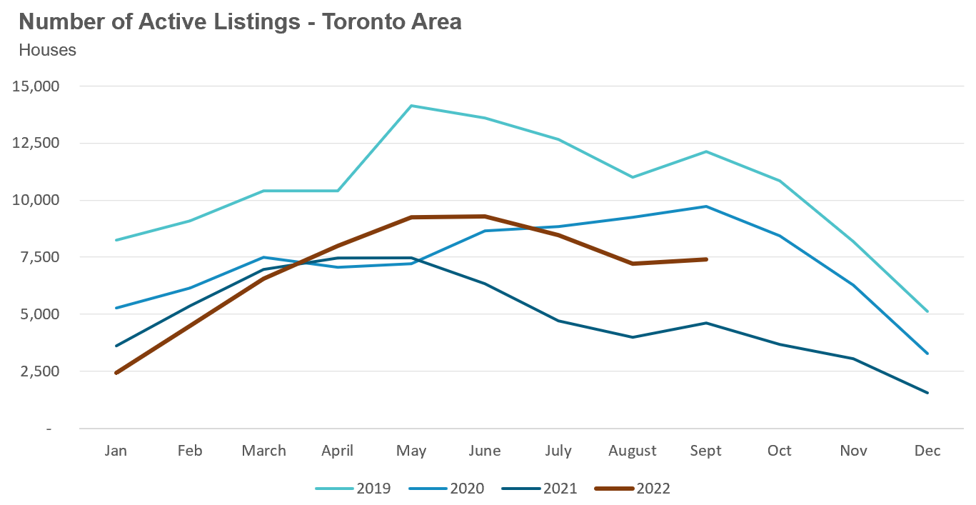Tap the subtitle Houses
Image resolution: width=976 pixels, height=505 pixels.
[x=47, y=51]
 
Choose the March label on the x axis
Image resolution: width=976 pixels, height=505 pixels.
[x=263, y=451]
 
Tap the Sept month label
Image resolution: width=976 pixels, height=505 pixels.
[x=705, y=451]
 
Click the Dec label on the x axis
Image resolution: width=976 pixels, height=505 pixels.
[x=927, y=451]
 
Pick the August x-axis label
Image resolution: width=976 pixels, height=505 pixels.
[x=632, y=451]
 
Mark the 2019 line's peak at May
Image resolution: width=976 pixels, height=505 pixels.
[x=411, y=106]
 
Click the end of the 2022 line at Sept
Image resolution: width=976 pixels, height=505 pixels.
[x=706, y=259]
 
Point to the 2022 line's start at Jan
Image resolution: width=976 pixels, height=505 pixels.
[x=116, y=373]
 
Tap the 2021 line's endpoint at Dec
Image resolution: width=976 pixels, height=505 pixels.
[x=927, y=393]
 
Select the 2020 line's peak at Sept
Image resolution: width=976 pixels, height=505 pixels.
[x=706, y=206]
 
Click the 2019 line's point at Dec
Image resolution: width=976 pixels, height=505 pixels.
[x=927, y=311]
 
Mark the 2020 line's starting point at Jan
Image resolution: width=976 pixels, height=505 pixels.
[x=116, y=308]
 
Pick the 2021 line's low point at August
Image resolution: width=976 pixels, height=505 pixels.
[x=633, y=337]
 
